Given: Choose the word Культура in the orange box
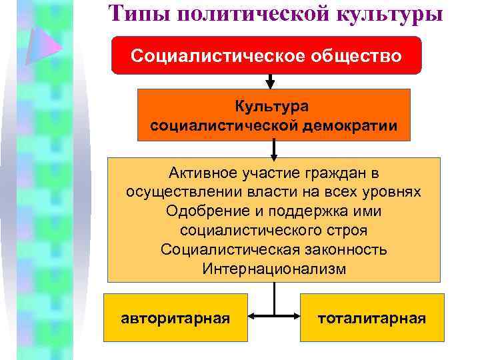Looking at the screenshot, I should tap(273, 106).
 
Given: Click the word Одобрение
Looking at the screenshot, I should tap(199, 211).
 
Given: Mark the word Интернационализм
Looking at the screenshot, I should tap(273, 269).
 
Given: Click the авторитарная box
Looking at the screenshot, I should tap(175, 317).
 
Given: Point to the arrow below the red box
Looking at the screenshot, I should tap(270, 82).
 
